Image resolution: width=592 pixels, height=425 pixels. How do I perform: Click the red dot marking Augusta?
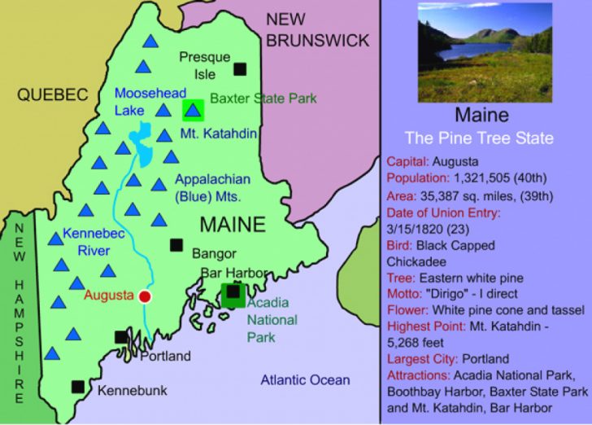coord(146,296)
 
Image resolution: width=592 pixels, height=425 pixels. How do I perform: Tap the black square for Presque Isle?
coord(239,68)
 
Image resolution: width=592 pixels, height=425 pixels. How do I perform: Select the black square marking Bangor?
coord(176,244)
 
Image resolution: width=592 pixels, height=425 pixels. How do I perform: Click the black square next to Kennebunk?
coord(78,387)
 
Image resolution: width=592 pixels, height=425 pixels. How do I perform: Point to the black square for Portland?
coord(121,336)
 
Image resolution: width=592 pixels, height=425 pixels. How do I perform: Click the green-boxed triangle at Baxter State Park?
coord(193,108)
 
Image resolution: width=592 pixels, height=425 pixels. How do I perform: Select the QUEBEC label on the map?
coord(53,95)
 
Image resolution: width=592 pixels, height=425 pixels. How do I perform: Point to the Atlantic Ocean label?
coord(305,380)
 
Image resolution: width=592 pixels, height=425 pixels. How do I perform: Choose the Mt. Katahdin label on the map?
coord(212,133)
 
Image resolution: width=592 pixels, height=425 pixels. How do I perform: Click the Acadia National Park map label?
coord(272,319)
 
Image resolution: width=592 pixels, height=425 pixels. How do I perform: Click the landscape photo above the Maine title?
coord(485,52)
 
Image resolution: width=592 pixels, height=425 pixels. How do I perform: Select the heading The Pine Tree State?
coord(480,138)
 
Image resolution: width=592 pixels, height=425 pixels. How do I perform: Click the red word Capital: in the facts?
coord(408,161)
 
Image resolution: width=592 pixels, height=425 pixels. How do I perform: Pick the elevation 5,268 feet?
coord(416,342)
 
